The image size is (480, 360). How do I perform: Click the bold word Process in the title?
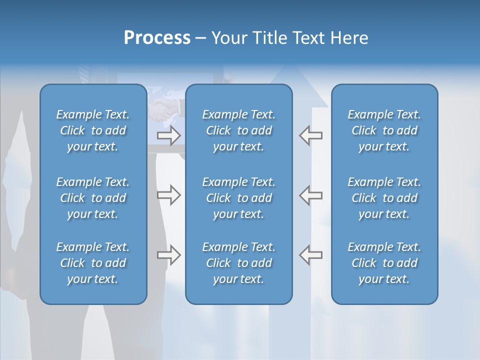click(157, 38)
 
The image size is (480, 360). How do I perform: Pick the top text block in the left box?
click(93, 130)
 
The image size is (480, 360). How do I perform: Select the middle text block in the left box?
click(93, 198)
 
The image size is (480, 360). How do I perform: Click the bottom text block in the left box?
click(93, 263)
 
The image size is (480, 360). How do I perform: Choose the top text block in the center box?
click(239, 130)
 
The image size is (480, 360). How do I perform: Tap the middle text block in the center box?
click(239, 198)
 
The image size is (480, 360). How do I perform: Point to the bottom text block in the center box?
click(239, 263)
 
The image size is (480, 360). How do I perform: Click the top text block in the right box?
click(384, 130)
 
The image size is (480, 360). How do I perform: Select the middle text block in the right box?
click(384, 198)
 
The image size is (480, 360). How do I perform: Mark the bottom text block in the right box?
click(384, 263)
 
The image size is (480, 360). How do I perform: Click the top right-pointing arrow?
click(169, 135)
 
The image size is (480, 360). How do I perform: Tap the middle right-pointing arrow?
click(169, 195)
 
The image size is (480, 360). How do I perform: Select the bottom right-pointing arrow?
click(169, 255)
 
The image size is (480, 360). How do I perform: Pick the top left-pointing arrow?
click(310, 135)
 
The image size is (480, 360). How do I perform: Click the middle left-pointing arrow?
click(310, 195)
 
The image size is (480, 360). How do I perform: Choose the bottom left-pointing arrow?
click(310, 255)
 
